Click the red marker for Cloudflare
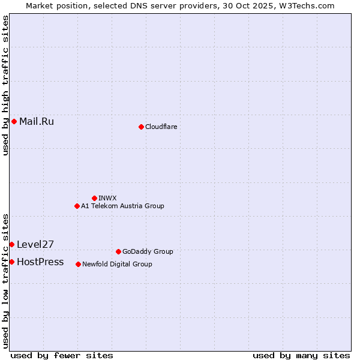pos(141,127)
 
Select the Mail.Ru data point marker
pos(14,122)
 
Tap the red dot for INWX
pos(94,198)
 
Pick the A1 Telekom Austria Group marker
pos(77,206)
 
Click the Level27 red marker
pos(11,244)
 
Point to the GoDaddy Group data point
pos(118,251)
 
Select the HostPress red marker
pos(11,262)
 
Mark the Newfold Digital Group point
pos(78,264)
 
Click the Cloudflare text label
pos(161,127)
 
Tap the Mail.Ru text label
pos(37,122)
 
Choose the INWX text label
pos(107,198)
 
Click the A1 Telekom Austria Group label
pos(122,206)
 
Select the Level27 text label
pos(35,244)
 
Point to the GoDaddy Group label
pos(148,251)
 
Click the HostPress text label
pos(40,262)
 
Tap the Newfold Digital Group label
pos(117,264)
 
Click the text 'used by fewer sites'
pos(62,355)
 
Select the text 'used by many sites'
pos(301,355)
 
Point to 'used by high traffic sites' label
pos(5,85)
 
